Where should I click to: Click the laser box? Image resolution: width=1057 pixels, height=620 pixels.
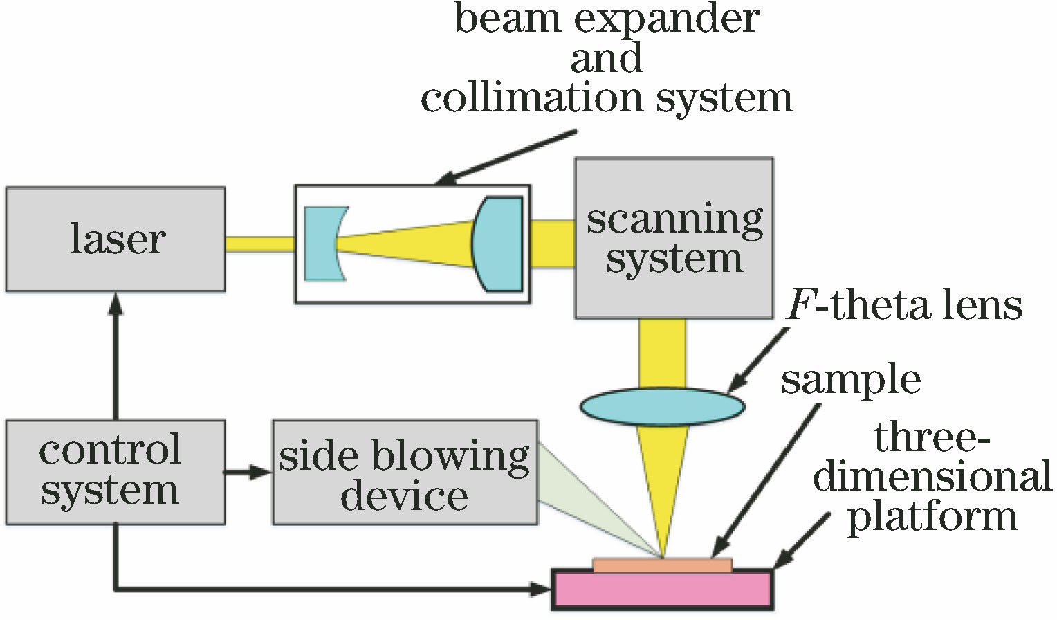tap(116, 239)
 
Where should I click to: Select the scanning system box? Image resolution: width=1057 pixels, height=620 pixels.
tap(674, 238)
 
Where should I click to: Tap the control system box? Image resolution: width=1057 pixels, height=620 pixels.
tap(116, 471)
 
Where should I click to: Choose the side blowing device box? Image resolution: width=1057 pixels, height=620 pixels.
tap(405, 471)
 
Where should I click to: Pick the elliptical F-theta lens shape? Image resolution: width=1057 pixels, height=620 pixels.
tap(662, 407)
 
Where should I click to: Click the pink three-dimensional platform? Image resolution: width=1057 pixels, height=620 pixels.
tap(662, 590)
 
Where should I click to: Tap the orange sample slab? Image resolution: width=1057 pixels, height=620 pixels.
tap(662, 565)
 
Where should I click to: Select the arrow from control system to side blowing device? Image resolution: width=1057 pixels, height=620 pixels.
tap(248, 473)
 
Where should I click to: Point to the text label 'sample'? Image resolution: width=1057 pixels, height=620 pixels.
tap(851, 380)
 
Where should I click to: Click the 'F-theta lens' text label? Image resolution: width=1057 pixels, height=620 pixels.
tap(905, 305)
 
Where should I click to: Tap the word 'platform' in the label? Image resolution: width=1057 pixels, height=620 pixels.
tap(932, 517)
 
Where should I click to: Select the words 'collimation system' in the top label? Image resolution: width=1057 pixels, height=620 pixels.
tap(607, 98)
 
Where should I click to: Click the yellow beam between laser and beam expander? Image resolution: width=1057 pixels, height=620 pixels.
tap(260, 244)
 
